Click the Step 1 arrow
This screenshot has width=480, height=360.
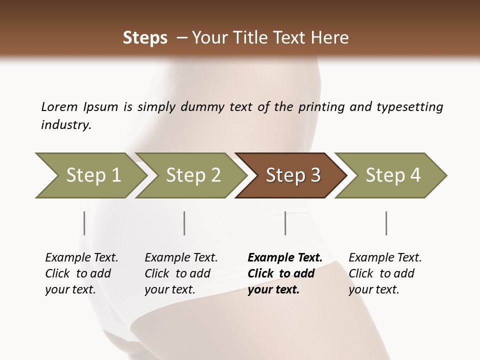coord(92,175)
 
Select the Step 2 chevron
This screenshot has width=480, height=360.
coord(193,175)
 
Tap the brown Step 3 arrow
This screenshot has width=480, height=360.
coord(293,175)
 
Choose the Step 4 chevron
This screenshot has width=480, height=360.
coord(393,175)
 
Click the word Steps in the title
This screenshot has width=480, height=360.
coord(145,38)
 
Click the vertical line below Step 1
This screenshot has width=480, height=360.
coord(84,223)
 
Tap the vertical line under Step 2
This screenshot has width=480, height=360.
coord(184,223)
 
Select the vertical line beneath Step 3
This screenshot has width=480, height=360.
coord(285,223)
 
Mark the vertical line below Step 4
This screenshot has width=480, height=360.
coord(386,223)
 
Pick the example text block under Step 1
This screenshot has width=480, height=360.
coord(81,273)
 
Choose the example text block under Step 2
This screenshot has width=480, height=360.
coord(181,273)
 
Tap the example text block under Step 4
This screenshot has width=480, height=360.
coord(385,273)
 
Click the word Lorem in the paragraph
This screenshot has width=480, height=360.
coord(59,107)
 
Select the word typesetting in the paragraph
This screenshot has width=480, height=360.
coord(409,107)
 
